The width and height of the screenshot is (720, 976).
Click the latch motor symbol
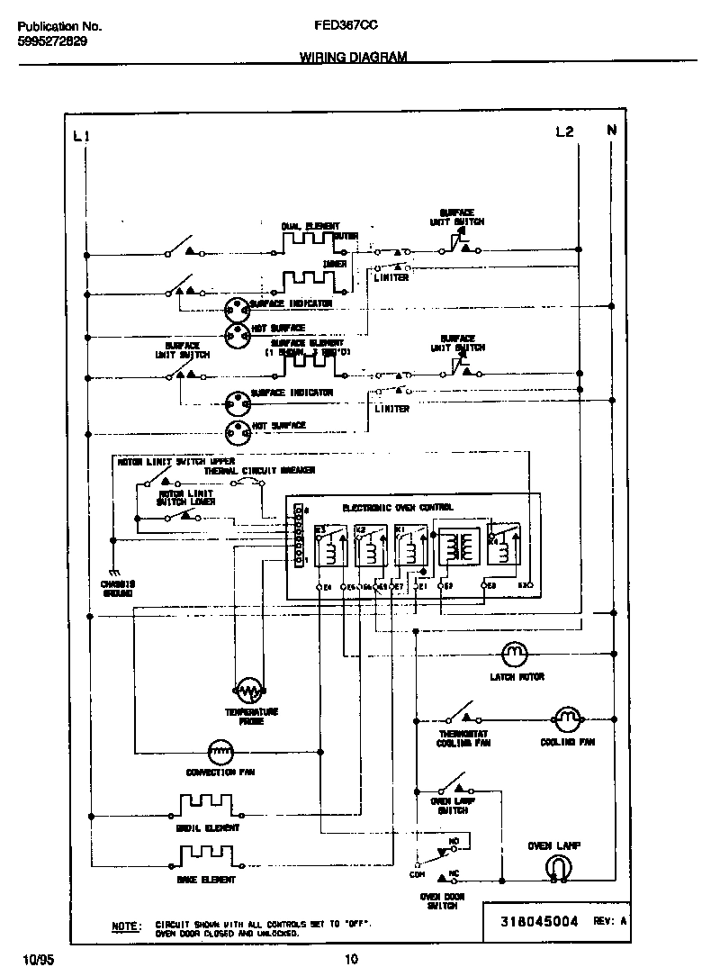click(x=514, y=652)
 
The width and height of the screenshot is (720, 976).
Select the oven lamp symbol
click(x=558, y=867)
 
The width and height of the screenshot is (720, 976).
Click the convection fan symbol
click(x=220, y=749)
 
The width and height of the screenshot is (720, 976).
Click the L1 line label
click(x=81, y=136)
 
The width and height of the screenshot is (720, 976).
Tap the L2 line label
click(x=564, y=131)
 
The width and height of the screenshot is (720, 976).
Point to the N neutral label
click(x=612, y=131)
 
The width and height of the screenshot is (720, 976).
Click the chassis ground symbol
click(x=113, y=573)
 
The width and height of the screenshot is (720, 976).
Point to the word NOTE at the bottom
click(x=126, y=926)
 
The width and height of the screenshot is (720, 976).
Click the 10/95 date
click(x=31, y=959)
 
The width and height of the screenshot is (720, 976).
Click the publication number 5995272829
click(x=52, y=41)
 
